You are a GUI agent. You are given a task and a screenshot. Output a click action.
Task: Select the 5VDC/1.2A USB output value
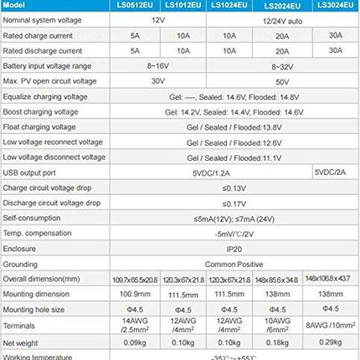pos(206,172)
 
